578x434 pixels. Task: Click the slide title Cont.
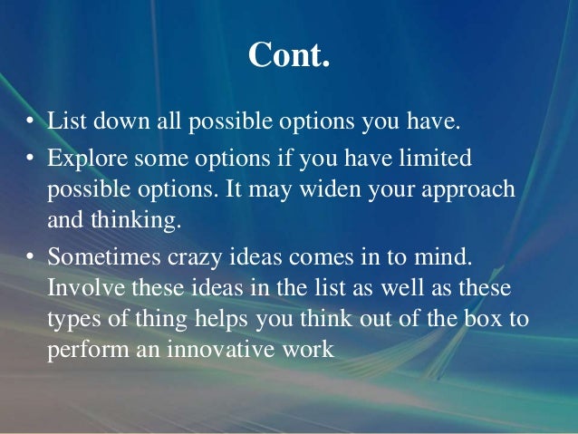click(x=288, y=56)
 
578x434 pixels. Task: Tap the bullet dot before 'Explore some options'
click(x=29, y=159)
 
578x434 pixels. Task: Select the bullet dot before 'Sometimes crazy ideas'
click(x=29, y=258)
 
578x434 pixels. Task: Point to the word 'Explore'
click(x=81, y=159)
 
